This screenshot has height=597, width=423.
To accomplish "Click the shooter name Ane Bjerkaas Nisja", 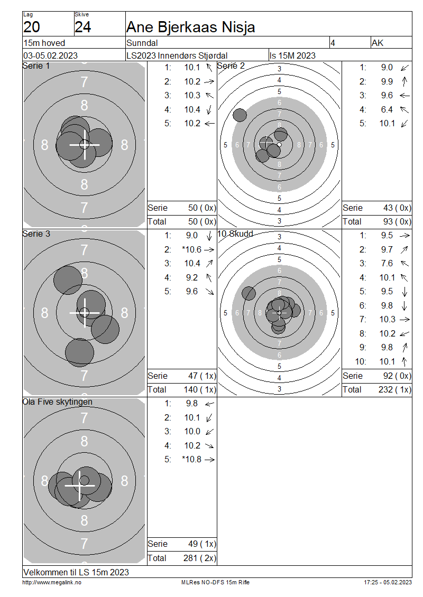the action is [x=190, y=27].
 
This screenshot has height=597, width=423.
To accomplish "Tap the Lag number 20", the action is [x=32, y=27].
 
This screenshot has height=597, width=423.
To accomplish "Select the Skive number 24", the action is [x=82, y=27].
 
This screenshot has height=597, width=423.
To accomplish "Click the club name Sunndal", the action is [x=142, y=43].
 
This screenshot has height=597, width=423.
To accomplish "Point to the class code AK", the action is [x=378, y=43].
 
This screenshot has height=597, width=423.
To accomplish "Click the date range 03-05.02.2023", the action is [x=50, y=55].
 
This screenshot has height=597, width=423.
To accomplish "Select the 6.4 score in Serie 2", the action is [x=387, y=110].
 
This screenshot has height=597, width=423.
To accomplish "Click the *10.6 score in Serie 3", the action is [x=192, y=249].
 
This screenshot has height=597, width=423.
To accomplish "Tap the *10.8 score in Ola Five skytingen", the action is [x=192, y=459].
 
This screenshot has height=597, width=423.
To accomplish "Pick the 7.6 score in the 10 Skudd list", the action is [x=387, y=264].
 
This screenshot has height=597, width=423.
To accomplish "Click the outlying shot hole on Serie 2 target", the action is [x=240, y=115].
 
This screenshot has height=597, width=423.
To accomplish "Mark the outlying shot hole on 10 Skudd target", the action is [x=249, y=294].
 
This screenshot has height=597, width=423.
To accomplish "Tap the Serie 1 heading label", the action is [x=36, y=66].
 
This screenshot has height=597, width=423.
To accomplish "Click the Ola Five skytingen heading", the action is [x=58, y=402].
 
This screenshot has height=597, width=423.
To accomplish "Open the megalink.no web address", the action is [x=52, y=582].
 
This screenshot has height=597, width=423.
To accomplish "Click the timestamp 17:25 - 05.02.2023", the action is [x=388, y=582].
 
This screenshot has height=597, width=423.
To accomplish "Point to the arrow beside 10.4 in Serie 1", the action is [x=209, y=110].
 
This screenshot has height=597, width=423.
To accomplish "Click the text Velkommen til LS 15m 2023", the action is [x=76, y=572].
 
